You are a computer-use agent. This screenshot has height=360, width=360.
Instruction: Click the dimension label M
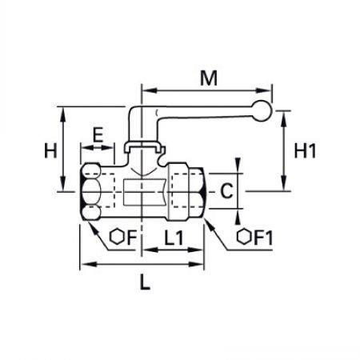pyautogui.click(x=209, y=78)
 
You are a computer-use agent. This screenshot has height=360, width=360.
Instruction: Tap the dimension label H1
pyautogui.click(x=305, y=150)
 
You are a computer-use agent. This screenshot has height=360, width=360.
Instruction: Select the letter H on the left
pyautogui.click(x=50, y=150)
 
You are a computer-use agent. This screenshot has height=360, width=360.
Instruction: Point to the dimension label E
pyautogui.click(x=98, y=134)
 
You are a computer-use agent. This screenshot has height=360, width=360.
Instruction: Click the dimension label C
pyautogui.click(x=226, y=191)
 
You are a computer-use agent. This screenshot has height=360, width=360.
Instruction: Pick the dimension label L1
pyautogui.click(x=174, y=238)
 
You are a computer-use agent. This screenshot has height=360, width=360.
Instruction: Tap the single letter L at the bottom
pyautogui.click(x=145, y=282)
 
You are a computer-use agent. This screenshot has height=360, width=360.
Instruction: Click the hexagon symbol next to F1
pyautogui.click(x=244, y=237)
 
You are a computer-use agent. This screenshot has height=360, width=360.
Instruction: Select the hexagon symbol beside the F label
pyautogui.click(x=117, y=237)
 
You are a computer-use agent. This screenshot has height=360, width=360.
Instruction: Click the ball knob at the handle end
pyautogui.click(x=262, y=111)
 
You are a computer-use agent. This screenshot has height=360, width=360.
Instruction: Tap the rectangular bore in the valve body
pyautogui.click(x=146, y=192)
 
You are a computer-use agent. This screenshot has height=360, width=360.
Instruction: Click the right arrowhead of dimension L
pyautogui.click(x=197, y=264)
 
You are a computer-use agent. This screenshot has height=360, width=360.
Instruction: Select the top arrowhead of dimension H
pyautogui.click(x=63, y=114)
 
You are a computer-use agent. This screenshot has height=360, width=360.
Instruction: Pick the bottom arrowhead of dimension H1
pyautogui.click(x=284, y=183)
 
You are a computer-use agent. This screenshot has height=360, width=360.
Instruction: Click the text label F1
pyautogui.click(x=263, y=238)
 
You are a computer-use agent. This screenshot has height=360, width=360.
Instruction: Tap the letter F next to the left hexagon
pyautogui.click(x=131, y=238)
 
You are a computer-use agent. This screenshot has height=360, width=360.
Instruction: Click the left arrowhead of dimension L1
pyautogui.click(x=150, y=250)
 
